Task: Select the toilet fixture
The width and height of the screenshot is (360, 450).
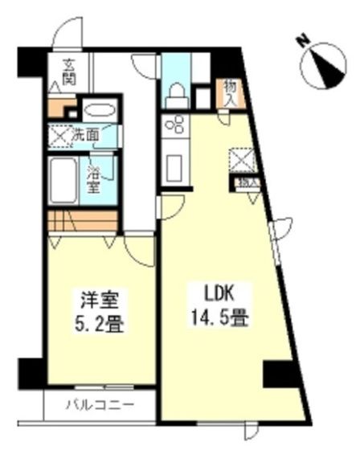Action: click(x=174, y=92)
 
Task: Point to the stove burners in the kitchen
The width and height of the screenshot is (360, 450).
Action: click(x=174, y=125)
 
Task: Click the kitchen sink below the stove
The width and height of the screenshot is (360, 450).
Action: click(x=174, y=168)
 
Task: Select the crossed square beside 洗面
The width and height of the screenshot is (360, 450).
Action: click(x=59, y=135)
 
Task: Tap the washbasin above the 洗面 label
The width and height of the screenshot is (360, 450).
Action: click(x=98, y=110)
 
